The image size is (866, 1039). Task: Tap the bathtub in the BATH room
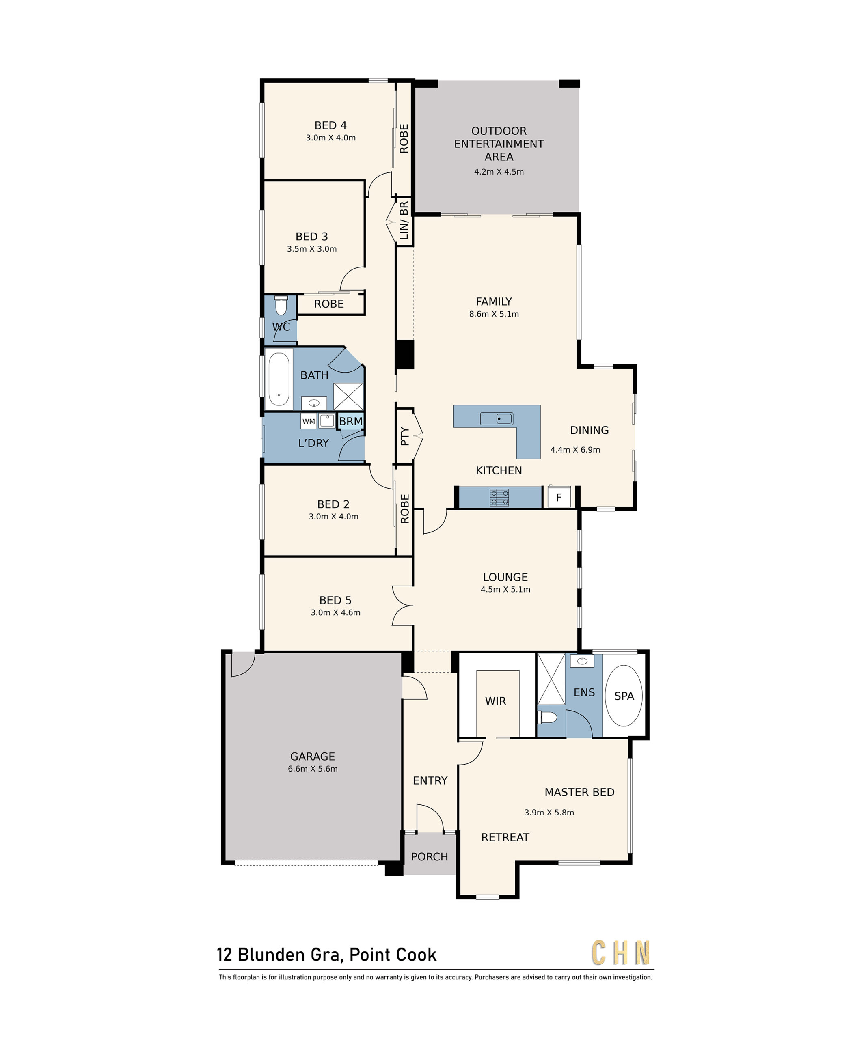(279, 379)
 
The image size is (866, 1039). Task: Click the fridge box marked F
(559, 497)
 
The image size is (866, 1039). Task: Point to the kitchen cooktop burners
(499, 497)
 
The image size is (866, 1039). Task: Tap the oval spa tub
(624, 696)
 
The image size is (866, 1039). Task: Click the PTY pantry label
(404, 436)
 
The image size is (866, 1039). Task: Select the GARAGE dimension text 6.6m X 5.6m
(313, 768)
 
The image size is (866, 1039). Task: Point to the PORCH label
(429, 856)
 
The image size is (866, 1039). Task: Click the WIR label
(495, 701)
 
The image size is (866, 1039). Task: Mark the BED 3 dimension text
(312, 249)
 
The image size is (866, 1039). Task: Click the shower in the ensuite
(551, 679)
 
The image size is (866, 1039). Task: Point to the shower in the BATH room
(348, 396)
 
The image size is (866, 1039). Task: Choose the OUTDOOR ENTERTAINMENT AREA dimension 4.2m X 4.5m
(499, 172)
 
